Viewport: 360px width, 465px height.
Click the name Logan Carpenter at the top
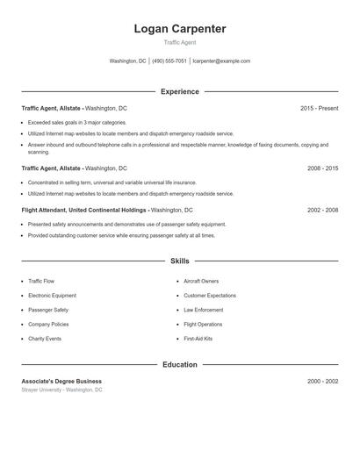(180, 29)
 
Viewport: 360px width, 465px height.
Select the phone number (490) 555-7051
(169, 61)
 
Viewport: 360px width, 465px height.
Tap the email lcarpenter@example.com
(221, 61)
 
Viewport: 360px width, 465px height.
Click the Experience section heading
(180, 91)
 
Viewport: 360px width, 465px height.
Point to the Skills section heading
(180, 261)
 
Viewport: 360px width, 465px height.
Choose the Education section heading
(180, 364)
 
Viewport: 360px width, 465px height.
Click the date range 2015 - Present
(319, 108)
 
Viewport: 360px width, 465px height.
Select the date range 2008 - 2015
(322, 168)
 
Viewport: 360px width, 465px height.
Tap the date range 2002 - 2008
(322, 211)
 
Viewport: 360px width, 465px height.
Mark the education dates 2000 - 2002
(322, 382)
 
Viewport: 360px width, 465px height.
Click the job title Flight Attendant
(43, 211)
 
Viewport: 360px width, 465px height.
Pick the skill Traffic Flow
(41, 281)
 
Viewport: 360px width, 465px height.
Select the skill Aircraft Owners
(201, 281)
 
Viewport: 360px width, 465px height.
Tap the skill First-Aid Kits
(198, 339)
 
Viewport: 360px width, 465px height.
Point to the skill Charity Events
(45, 339)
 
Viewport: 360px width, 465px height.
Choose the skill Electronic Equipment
(51, 296)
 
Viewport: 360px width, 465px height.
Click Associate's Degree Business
(61, 382)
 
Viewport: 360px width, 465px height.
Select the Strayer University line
(61, 390)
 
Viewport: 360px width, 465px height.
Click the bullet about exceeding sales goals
(77, 122)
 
